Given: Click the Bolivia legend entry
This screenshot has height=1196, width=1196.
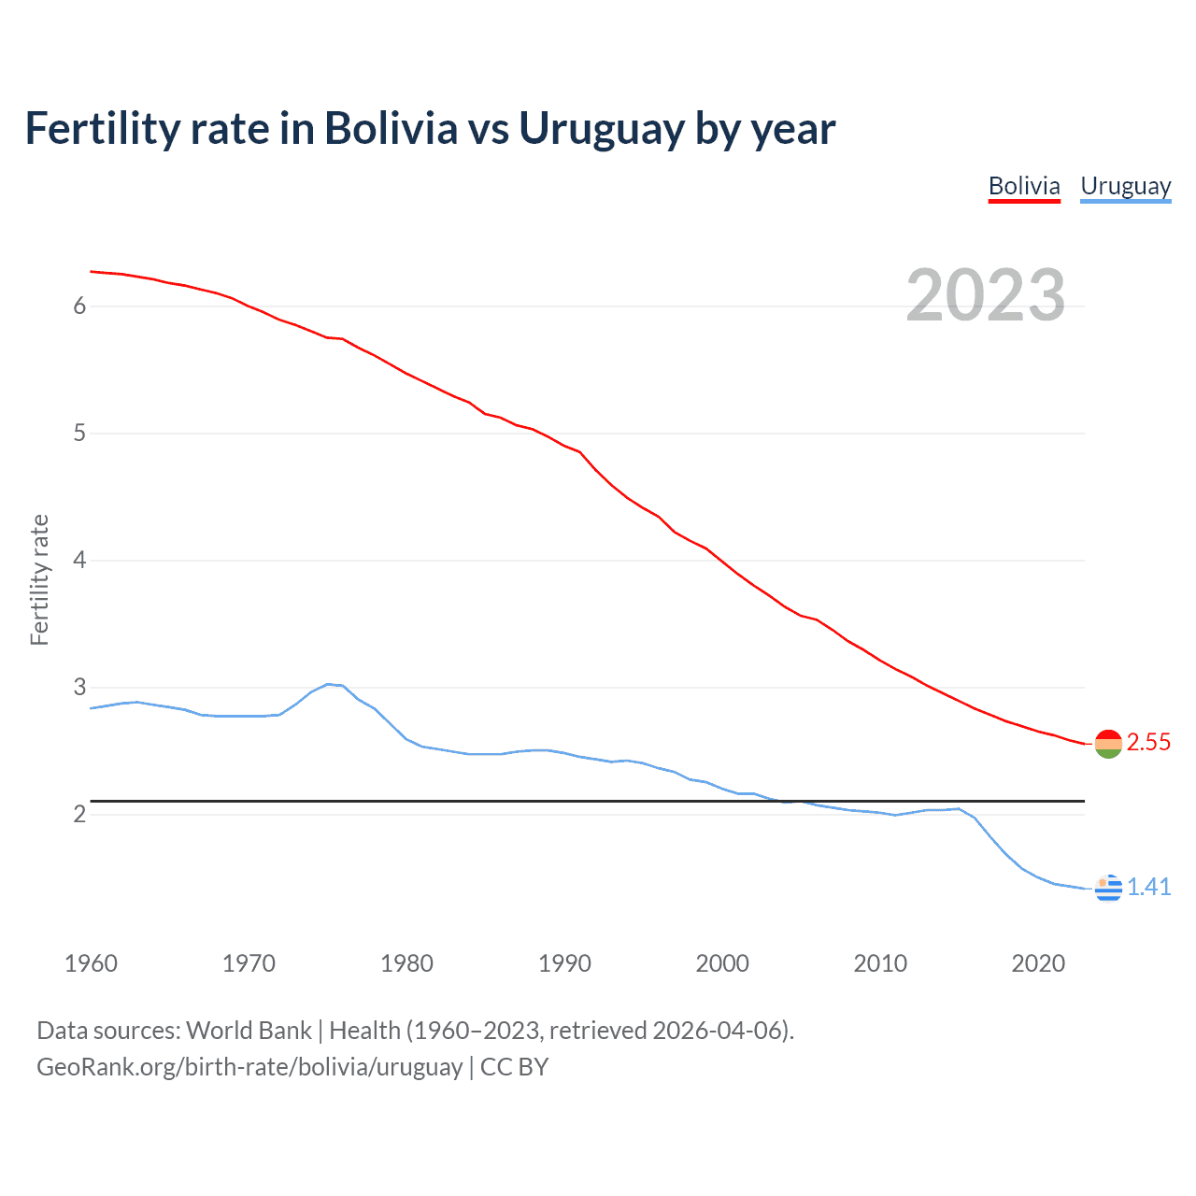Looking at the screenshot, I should pos(1024,187).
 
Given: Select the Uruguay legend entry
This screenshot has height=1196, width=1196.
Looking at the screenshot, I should pos(1125,187).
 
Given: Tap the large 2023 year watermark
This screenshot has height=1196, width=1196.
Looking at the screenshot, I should pos(985,295).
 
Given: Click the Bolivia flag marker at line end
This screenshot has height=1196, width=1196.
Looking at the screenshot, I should pos(1107,744).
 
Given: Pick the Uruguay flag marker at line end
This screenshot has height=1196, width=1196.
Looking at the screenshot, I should pos(1107,888).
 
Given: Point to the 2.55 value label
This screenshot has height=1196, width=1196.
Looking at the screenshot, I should pos(1148,743).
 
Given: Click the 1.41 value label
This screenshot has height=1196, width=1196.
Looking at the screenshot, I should pos(1148,887).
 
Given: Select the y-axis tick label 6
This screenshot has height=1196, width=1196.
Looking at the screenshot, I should pos(79,306).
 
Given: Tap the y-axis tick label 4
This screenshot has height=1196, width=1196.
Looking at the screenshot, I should pos(79,560).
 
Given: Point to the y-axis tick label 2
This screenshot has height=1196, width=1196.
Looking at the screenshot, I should pos(79,814).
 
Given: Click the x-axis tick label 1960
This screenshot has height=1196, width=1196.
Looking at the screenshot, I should pos(91,963).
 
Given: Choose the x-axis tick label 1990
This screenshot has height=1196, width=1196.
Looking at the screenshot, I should pos(564,963).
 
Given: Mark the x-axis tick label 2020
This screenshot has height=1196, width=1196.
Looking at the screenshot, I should pos(1038,963).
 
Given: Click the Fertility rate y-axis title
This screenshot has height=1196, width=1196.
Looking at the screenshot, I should pos(39,579).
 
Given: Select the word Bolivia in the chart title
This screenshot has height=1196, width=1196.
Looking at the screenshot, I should pos(391,129).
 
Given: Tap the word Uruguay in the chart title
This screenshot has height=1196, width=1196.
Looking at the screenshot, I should pos(601,129).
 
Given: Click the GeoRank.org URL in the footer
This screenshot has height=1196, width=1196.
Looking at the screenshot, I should pos(249,1067).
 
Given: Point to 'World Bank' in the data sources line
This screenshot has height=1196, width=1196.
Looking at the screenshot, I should pos(249,1031).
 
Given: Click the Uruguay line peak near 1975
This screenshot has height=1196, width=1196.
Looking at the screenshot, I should pos(328,684).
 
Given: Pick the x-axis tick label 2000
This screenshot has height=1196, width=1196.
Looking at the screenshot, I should pos(722,963).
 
